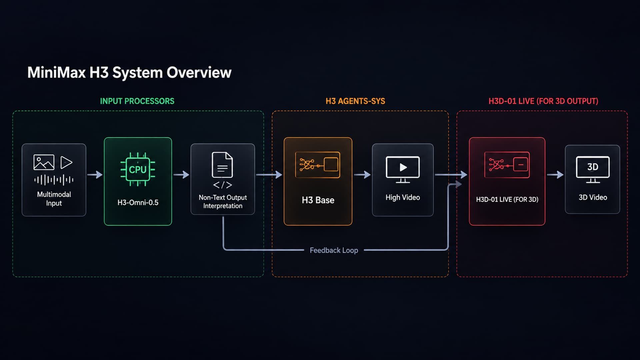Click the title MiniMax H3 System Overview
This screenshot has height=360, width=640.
129,73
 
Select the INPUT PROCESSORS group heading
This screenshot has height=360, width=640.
137,101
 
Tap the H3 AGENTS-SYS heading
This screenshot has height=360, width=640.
355,101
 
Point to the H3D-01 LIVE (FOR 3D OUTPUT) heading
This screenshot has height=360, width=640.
543,101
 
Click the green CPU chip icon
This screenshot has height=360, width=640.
138,169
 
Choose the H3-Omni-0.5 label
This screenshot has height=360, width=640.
138,202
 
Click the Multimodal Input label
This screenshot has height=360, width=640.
54,199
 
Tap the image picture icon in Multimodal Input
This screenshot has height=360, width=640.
44,162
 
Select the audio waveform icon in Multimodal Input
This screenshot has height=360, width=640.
54,180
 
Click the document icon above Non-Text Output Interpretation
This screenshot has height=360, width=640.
222,165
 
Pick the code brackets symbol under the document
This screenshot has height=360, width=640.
223,185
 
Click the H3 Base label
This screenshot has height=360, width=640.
318,200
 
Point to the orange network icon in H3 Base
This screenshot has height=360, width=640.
318,165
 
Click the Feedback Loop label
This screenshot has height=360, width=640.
334,250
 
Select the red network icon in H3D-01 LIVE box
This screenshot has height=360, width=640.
507,165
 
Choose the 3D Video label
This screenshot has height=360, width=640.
593,197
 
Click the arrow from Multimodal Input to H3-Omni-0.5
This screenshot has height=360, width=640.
95,174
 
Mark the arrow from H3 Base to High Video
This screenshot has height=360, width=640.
362,174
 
